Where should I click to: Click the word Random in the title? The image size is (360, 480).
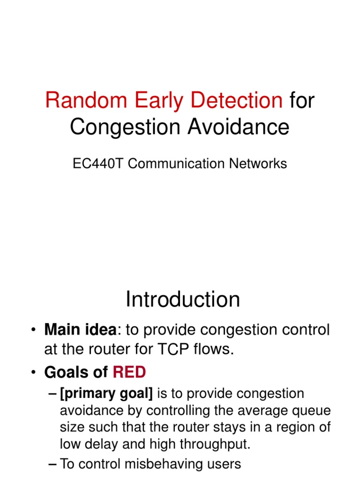86,100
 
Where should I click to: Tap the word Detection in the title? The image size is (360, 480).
236,100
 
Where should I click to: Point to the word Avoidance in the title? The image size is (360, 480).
239,127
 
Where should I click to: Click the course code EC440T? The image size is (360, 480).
97,164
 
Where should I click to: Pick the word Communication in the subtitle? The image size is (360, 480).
176,164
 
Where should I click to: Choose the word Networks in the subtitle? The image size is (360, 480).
258,164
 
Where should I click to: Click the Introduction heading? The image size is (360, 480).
183,299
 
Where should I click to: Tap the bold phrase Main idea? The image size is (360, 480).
81,330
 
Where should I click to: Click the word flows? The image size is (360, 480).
214,349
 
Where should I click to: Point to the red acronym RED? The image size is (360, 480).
129,372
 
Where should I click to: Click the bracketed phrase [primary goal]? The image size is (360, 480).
106,394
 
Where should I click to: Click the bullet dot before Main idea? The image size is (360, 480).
33,330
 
